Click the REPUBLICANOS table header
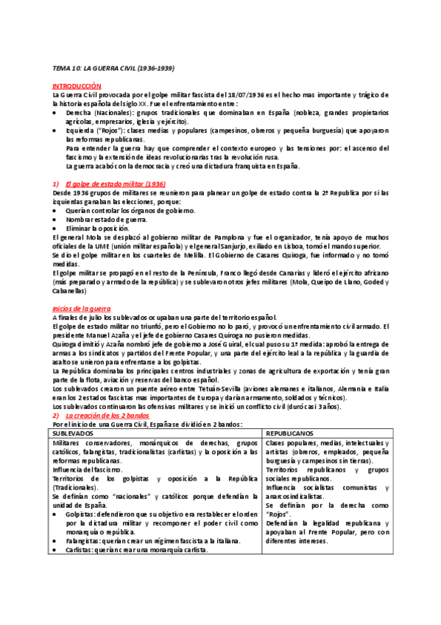(x=292, y=433)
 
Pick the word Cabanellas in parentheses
(x=71, y=290)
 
